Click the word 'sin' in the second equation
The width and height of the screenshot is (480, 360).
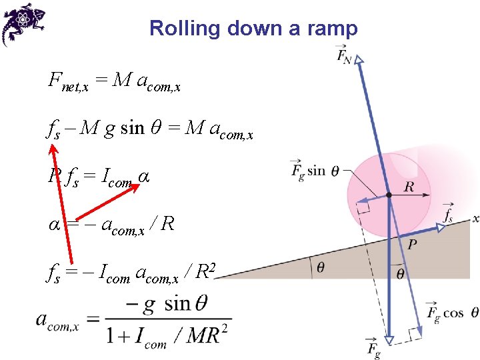click(x=132, y=127)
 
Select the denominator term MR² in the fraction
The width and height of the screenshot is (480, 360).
click(x=203, y=334)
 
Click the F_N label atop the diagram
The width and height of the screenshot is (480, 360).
click(x=345, y=55)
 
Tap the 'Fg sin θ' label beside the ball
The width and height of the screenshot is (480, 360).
click(x=316, y=170)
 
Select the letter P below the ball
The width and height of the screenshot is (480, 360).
click(x=413, y=245)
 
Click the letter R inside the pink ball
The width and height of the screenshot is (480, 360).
click(x=409, y=186)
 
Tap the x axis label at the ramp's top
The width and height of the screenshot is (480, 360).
click(x=475, y=218)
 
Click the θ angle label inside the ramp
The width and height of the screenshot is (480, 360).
click(x=321, y=267)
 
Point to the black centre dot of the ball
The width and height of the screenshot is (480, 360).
click(x=388, y=195)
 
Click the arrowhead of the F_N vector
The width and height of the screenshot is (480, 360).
click(x=359, y=61)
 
